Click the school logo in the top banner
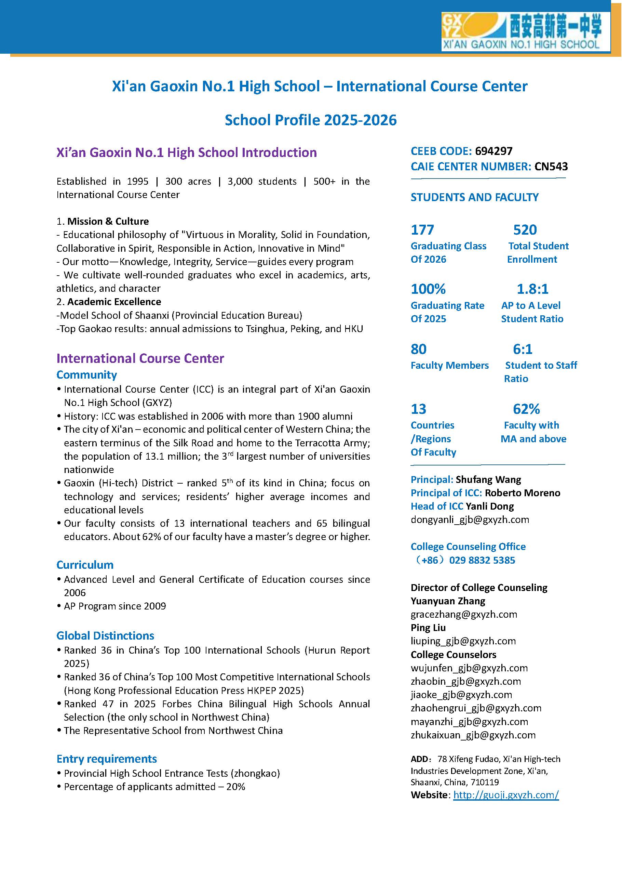coord(526,31)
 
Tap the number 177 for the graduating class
coord(422,229)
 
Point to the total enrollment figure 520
coord(525,229)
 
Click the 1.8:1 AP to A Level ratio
coord(532,289)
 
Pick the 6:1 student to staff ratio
coord(523,349)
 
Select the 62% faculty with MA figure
coord(526,409)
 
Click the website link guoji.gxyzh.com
coord(505,794)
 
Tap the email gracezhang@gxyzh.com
coord(463,614)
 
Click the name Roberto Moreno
coord(522,493)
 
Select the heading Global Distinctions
coord(105,635)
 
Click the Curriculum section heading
coord(85,565)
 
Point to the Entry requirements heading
coord(107,759)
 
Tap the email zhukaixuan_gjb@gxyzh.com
coord(473,735)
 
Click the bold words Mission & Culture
coord(108,221)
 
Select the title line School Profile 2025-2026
coord(311,120)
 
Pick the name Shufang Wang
coord(488,480)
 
